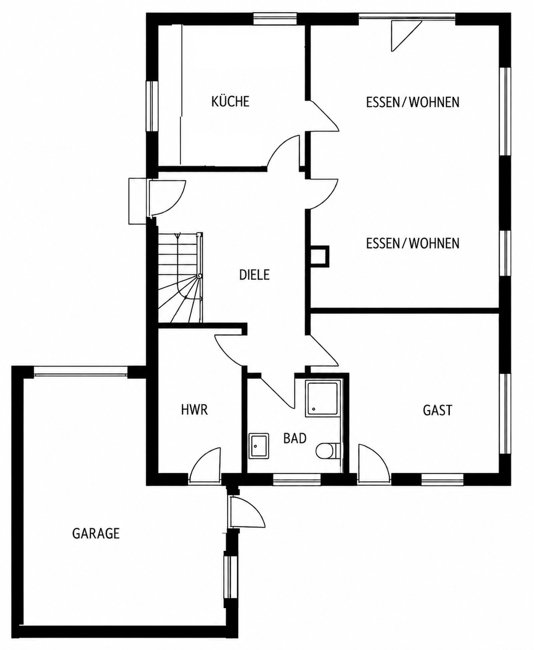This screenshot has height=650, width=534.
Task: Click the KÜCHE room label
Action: coord(230,101)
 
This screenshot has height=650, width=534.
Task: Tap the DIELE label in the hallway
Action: coord(254,274)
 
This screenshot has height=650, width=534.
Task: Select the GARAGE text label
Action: coord(96,533)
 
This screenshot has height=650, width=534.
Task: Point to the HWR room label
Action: coord(194,410)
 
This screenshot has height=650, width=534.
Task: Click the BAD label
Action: coord(295,438)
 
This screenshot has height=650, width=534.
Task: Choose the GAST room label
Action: coord(437,410)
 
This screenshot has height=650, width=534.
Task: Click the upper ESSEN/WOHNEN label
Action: coord(413,102)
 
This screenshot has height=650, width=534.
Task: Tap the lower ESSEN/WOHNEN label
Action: coord(413,243)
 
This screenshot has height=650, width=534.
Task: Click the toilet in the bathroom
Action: coord(328,451)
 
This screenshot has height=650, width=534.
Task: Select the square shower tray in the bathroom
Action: coord(322,399)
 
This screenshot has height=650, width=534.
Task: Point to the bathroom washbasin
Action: coord(259,446)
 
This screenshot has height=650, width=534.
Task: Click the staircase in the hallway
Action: coord(180,277)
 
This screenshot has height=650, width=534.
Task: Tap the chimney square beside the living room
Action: coord(319,256)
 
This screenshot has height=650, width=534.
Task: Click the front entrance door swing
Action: coord(166,197)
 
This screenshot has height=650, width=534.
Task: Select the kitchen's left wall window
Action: coord(152,106)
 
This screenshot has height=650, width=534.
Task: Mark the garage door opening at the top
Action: coord(81,372)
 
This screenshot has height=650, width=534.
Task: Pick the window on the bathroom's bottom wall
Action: coord(297,479)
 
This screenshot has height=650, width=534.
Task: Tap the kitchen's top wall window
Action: coord(275,19)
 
